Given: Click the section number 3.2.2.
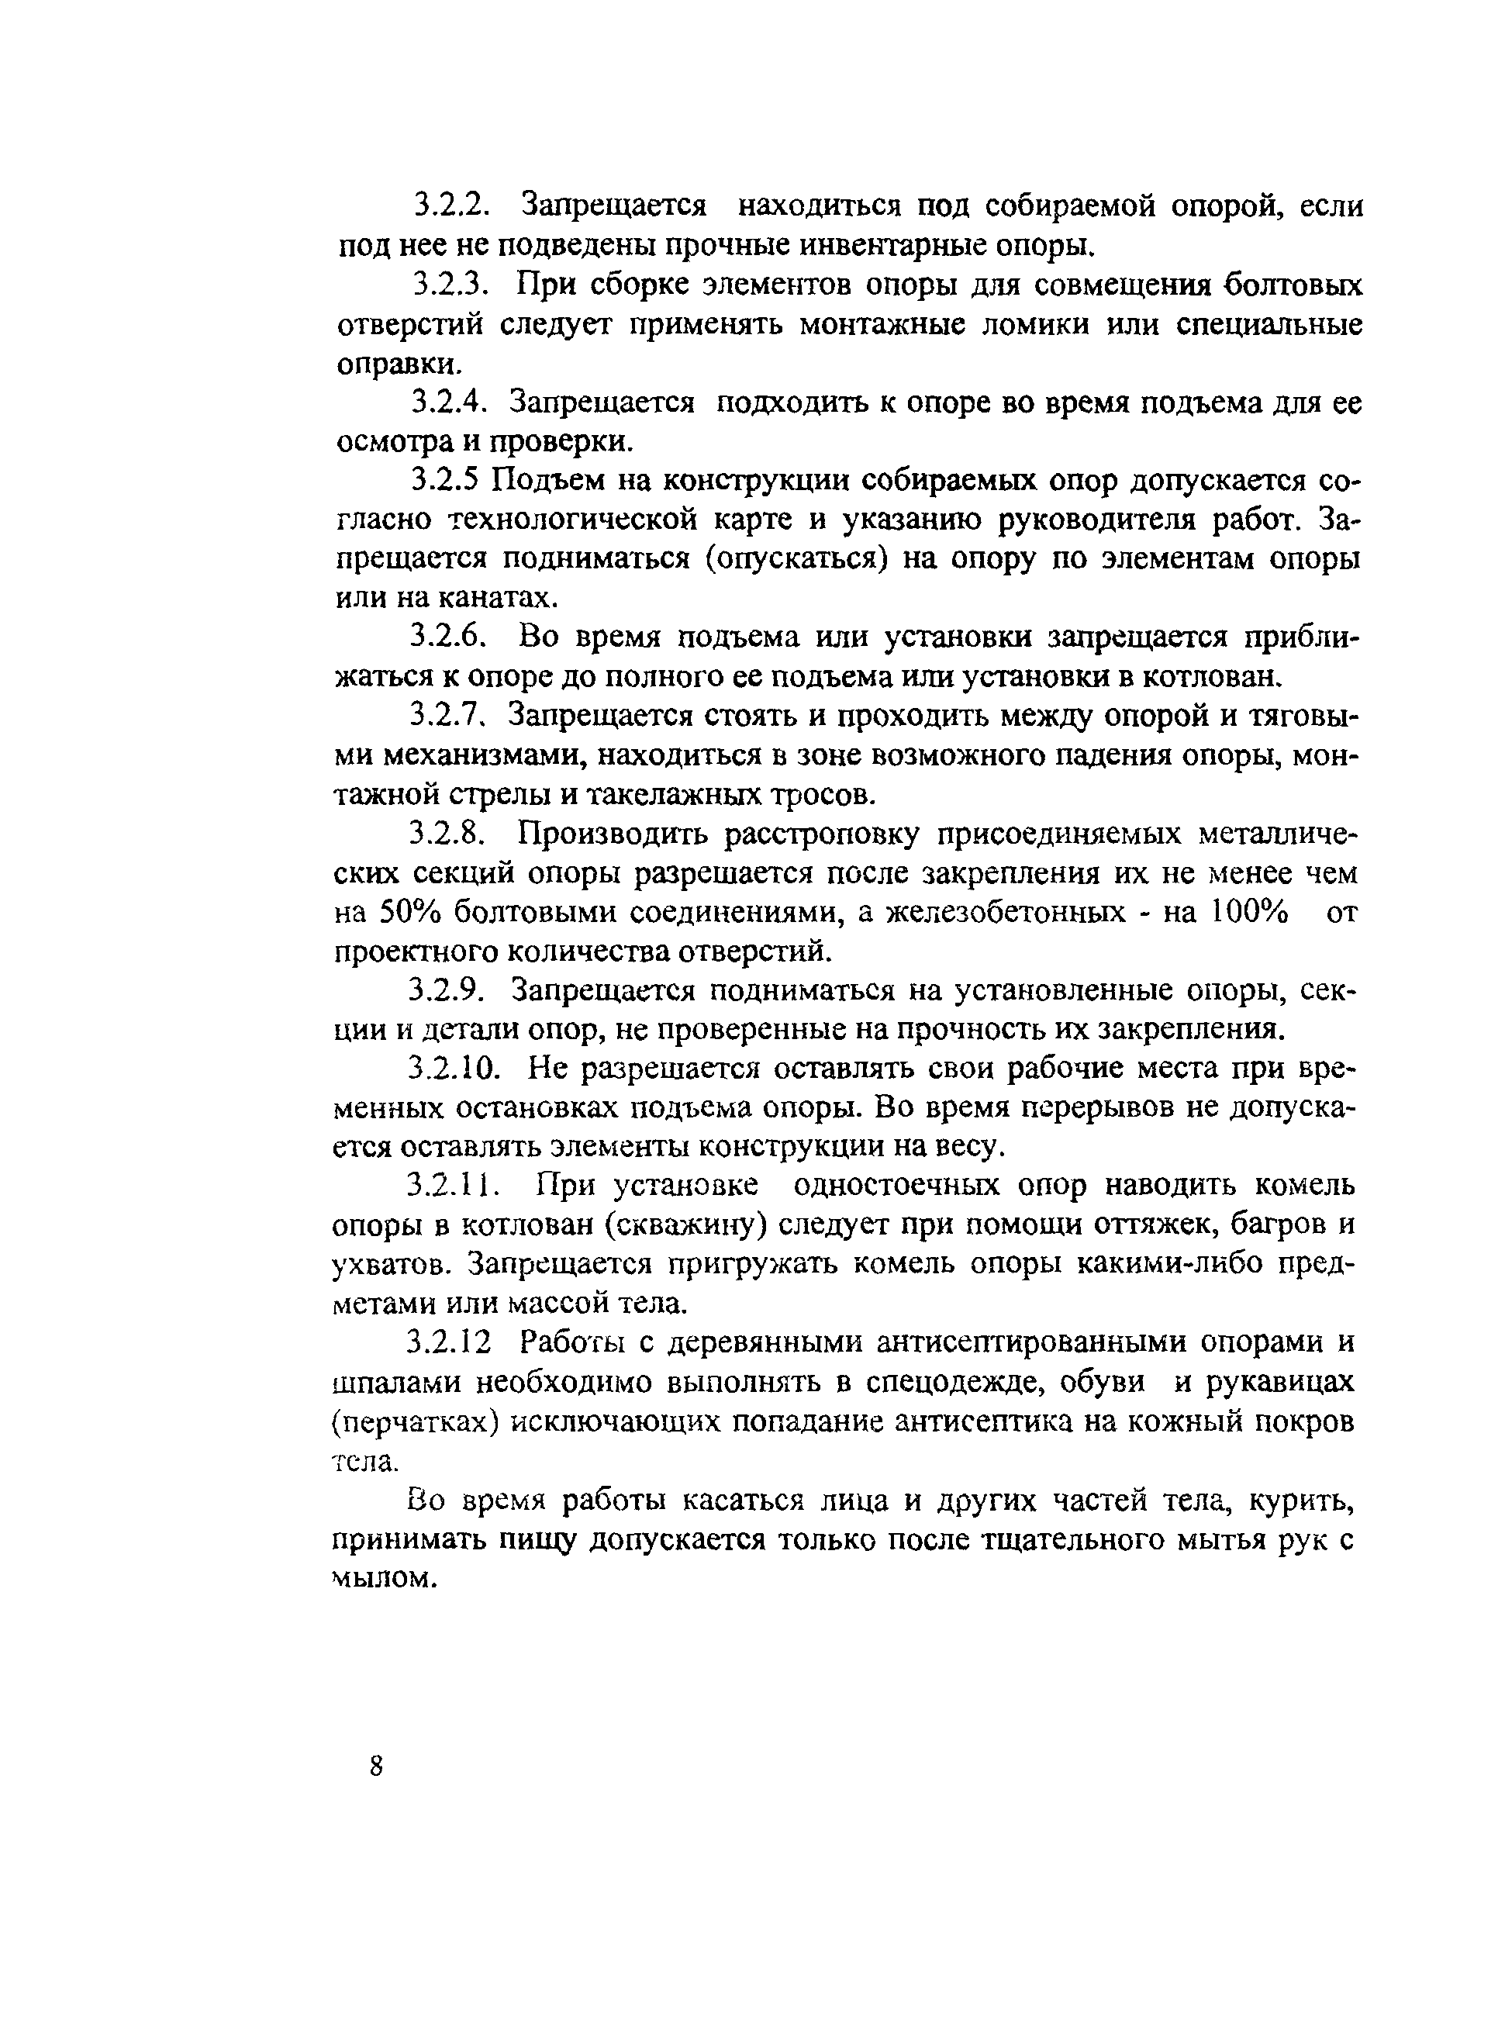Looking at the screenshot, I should pos(453,206).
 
